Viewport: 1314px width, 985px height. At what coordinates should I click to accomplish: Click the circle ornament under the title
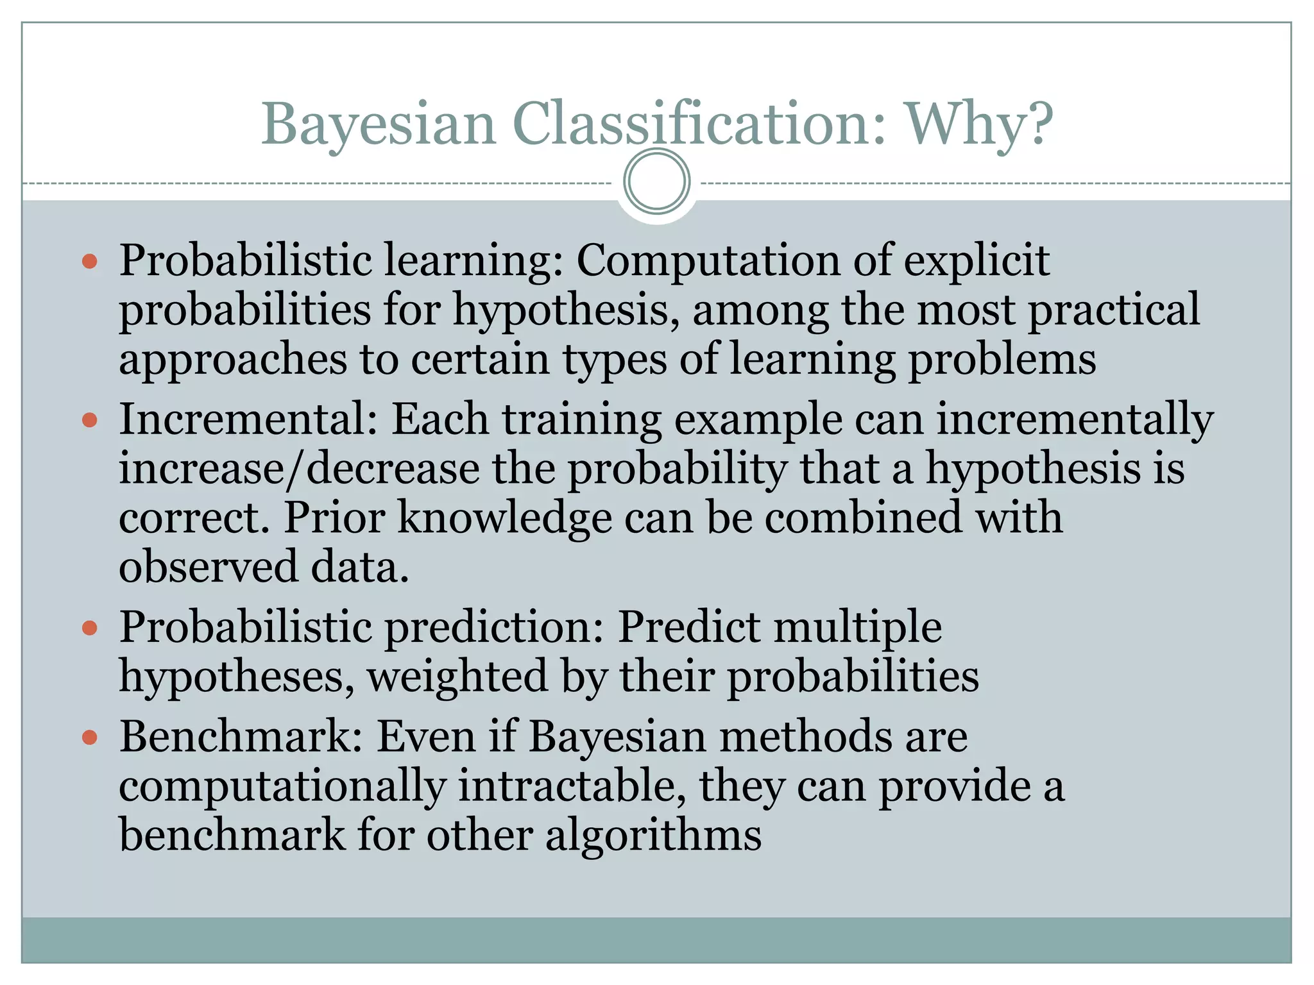656,181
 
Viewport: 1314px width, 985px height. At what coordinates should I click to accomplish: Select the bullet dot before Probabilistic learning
90,262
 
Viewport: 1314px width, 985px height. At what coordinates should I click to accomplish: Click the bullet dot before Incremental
90,421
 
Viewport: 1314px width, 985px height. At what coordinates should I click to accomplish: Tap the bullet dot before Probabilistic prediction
90,628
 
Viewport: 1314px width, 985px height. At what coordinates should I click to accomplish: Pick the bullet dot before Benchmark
90,738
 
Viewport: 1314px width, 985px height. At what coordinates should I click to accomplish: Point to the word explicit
976,261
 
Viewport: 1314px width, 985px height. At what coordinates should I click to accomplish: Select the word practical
1114,310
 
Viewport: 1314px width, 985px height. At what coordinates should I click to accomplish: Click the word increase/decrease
299,469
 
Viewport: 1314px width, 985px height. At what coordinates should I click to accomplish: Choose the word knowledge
504,518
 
